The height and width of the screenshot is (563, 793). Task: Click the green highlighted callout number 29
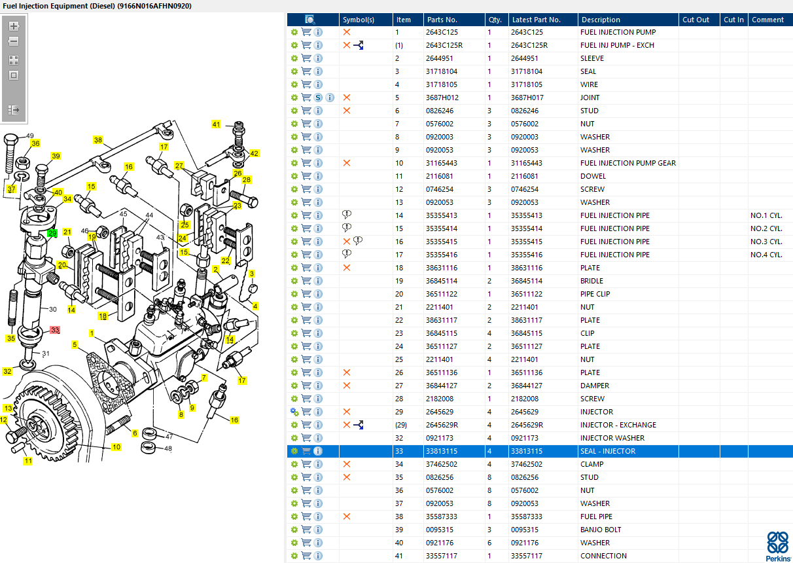[52, 233]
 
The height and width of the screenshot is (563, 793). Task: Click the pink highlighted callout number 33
[55, 330]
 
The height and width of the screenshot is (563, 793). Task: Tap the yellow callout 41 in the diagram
[216, 124]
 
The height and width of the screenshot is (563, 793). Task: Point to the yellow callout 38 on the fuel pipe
[98, 140]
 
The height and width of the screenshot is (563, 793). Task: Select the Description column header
[601, 20]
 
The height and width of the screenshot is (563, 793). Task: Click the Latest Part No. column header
[536, 20]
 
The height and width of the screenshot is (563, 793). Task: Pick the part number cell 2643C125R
[444, 45]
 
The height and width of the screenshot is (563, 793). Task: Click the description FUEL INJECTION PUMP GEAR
[627, 163]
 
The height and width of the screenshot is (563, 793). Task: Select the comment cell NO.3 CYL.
[766, 242]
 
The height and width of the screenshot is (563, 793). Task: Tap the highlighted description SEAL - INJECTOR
[607, 451]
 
